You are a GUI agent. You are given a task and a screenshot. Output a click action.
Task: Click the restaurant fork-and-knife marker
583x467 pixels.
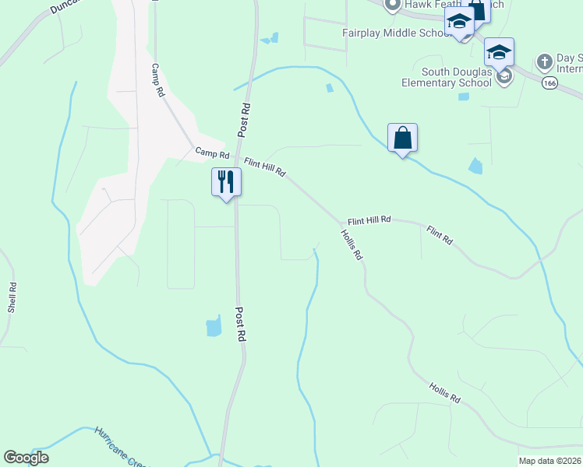[226, 182]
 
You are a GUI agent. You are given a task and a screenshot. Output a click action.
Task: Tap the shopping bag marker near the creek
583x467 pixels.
[402, 138]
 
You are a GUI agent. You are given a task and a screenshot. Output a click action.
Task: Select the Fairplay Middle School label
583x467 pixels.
[392, 33]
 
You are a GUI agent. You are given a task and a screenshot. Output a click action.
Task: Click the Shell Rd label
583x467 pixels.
[12, 297]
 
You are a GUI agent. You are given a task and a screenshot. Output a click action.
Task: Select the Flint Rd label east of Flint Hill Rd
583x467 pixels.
[440, 236]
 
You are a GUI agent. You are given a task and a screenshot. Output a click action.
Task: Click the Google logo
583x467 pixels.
[26, 458]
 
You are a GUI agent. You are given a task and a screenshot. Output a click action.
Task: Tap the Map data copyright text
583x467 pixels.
[549, 461]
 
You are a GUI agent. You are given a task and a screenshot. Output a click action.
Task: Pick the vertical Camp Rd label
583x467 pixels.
[159, 80]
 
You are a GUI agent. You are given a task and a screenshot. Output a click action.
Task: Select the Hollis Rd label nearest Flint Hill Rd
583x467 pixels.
[352, 244]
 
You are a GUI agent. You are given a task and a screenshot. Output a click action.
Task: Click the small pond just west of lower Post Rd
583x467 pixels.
[214, 326]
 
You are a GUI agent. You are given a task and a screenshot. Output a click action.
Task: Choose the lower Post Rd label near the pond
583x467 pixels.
[241, 325]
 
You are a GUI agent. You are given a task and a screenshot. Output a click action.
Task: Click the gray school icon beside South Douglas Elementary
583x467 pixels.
[504, 76]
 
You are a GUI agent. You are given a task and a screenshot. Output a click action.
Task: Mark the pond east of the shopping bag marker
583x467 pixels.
[475, 165]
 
